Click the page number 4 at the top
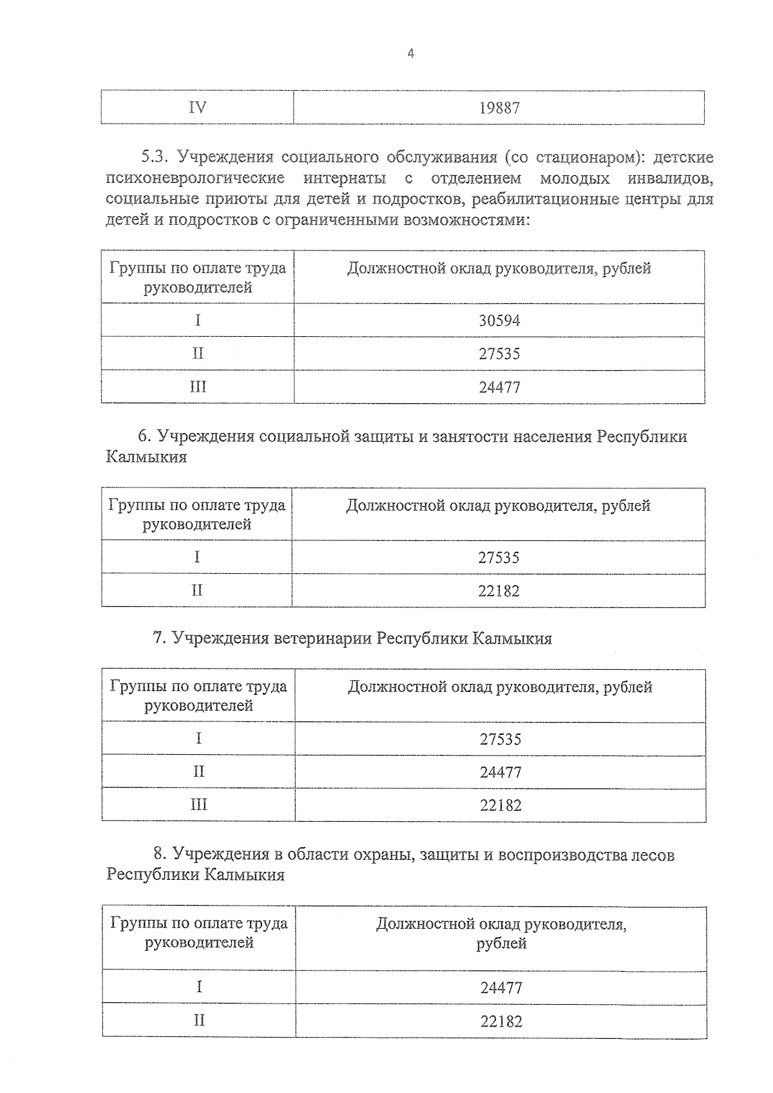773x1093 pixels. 411,54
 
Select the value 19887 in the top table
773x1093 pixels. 499,108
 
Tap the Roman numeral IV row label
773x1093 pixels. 198,108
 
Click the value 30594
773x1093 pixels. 499,321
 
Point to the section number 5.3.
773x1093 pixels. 155,157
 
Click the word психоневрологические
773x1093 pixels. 195,178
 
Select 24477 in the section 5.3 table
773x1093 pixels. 499,388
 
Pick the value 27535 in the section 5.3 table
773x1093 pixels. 499,354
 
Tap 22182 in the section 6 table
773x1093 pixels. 499,591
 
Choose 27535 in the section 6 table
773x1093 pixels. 499,558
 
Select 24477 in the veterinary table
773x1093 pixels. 501,772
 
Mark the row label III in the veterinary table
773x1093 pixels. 199,805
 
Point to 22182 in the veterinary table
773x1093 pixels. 501,806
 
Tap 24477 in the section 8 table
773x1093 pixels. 501,988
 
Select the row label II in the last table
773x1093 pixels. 200,1021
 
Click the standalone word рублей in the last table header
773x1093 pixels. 501,944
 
